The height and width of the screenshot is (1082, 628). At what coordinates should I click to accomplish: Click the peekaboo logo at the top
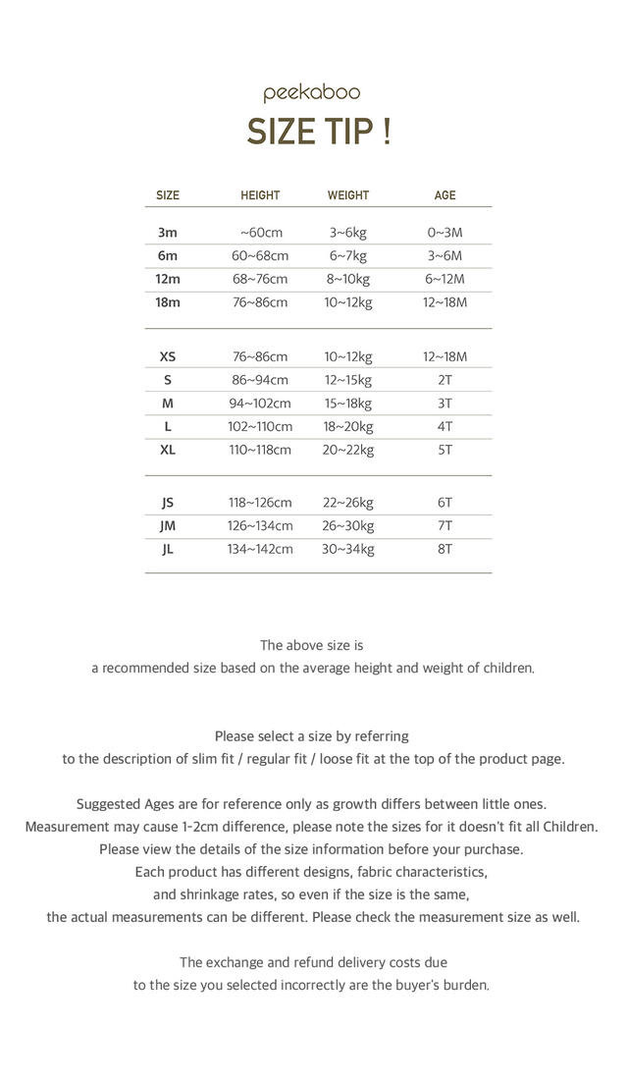[312, 93]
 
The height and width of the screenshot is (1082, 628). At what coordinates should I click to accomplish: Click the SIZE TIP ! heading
[319, 132]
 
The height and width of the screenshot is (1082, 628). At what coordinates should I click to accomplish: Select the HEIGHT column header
[260, 195]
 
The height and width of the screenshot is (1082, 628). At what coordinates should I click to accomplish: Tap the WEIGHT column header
[348, 195]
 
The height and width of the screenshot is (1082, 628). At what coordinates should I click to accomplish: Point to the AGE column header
[445, 195]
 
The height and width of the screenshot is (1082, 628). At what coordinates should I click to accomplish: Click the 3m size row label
[168, 233]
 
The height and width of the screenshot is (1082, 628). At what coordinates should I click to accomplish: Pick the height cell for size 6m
[260, 256]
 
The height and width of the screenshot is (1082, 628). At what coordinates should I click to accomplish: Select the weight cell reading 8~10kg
[348, 279]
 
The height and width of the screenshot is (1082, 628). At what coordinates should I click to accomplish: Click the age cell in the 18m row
[445, 302]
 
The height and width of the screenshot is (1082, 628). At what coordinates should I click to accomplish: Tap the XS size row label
[168, 356]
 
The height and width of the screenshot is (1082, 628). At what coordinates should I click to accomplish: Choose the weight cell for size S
[348, 380]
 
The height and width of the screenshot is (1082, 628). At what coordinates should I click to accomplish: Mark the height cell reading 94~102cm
[260, 404]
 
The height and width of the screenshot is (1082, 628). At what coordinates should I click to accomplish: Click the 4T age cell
[445, 426]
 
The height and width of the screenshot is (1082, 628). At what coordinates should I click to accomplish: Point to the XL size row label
[168, 450]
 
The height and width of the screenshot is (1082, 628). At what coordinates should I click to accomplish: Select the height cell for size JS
[260, 503]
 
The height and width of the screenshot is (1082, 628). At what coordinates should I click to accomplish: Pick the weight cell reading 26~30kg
[348, 525]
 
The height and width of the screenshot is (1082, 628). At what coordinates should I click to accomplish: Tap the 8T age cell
[445, 549]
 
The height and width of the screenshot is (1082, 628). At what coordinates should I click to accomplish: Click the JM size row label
[168, 525]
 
